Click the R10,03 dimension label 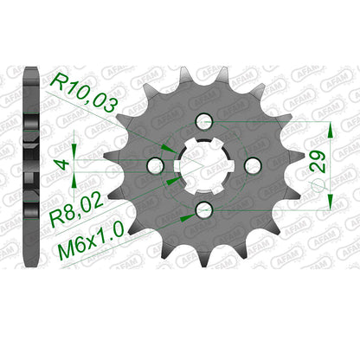(x=84, y=93)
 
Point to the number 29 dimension (x=318, y=162)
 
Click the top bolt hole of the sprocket (x=204, y=121)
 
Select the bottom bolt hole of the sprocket (x=204, y=209)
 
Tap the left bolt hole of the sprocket (x=156, y=165)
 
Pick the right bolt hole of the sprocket (x=253, y=164)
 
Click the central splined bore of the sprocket (x=204, y=165)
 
